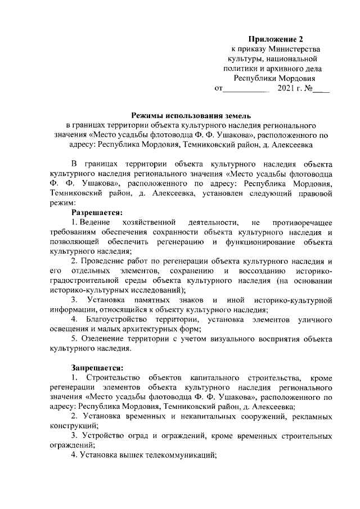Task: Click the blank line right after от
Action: tap(247, 89)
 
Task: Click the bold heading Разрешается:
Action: tap(97, 212)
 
